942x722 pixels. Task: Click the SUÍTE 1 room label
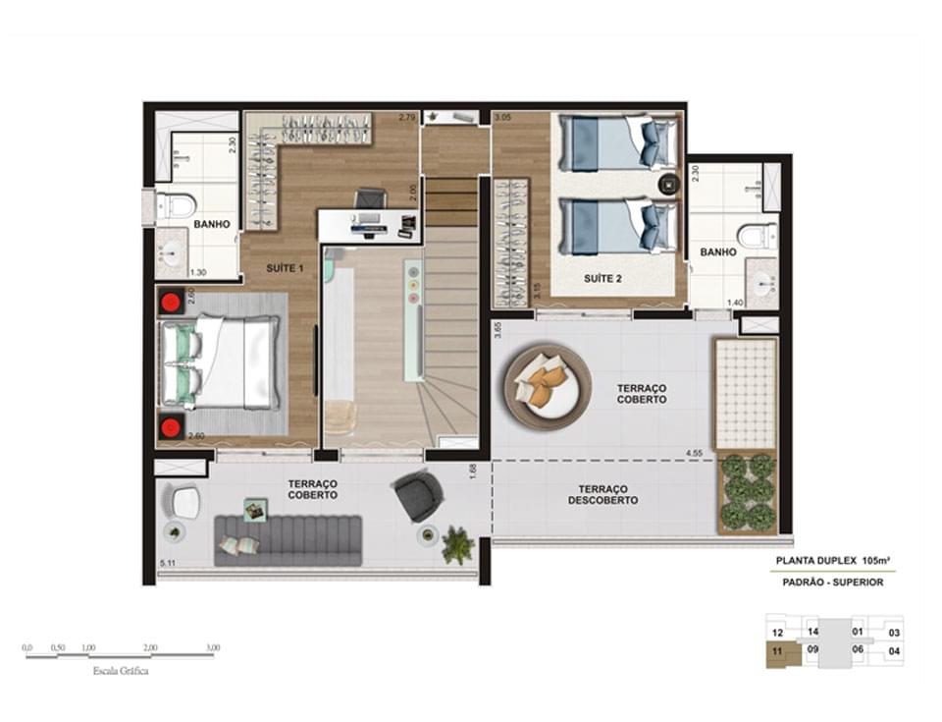point(286,267)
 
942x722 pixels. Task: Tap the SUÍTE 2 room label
point(603,279)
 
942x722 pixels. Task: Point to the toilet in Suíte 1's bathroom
point(178,205)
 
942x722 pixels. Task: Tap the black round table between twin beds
point(668,184)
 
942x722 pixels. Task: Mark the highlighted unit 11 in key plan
point(777,650)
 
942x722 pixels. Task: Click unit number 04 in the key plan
point(894,650)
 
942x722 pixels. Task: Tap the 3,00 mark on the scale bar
point(213,648)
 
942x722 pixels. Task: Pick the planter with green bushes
point(748,491)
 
